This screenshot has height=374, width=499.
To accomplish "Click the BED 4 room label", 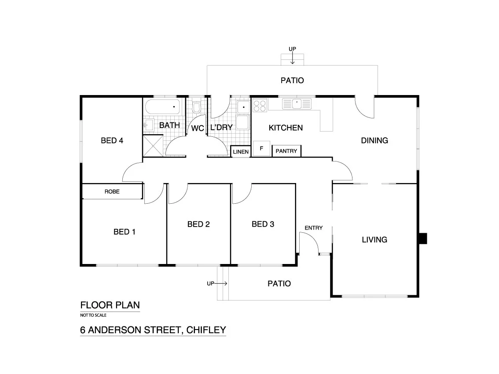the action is pos(112,141).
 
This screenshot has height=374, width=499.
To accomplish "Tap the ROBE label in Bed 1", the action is pos(112,192).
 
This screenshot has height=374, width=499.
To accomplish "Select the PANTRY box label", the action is pos(286,151).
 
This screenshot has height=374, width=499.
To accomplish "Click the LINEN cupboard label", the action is pos(241,152).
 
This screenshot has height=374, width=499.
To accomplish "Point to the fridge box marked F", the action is pos(261,148).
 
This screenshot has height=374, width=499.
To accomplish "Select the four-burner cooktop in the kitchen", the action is pos(260,106).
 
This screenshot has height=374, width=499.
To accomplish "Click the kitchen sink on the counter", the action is pos(297,104).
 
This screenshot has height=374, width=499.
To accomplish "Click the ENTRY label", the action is pos(314,228).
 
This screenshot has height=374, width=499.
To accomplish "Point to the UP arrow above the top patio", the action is pos(292,55).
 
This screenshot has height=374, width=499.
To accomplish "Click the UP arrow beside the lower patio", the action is pos(217,284).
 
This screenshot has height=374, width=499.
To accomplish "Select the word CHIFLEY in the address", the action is pos(206,330).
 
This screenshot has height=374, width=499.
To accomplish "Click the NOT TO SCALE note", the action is pos(93,315).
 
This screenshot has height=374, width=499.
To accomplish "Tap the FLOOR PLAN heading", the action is pos(110,305).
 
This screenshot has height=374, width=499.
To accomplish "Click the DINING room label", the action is pos(374,141).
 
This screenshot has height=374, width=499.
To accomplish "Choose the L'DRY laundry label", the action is pos(221,128).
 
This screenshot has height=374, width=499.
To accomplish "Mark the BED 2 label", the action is pos(198,224).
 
